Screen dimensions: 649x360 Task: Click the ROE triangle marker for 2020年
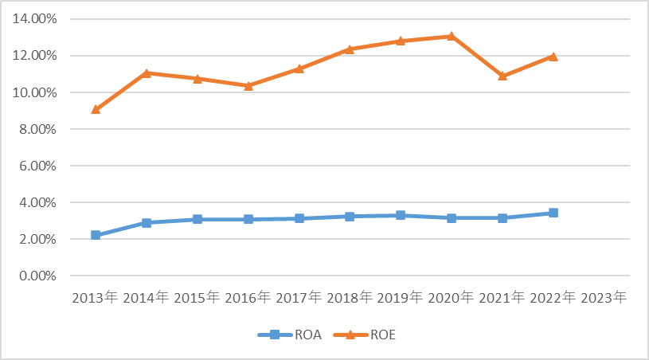(452, 36)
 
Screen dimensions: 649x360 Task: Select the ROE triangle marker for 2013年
(96, 109)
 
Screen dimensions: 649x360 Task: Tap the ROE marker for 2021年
(502, 76)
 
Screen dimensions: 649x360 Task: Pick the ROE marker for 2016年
(248, 86)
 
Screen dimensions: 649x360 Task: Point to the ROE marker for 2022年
(553, 57)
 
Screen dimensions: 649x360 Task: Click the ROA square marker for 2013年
(96, 235)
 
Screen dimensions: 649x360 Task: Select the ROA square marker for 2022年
(553, 213)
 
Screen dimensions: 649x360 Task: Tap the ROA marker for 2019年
(401, 215)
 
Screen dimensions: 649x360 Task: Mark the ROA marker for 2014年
(147, 223)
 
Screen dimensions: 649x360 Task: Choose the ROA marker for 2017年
(299, 218)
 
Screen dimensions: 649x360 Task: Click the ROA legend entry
(290, 335)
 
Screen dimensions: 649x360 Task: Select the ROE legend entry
(365, 335)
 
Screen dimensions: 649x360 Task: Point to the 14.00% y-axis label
(35, 18)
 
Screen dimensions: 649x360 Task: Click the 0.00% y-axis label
(37, 276)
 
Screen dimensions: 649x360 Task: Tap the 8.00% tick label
(37, 129)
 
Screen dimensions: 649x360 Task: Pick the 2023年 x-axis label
(604, 298)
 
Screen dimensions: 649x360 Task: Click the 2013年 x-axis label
(96, 298)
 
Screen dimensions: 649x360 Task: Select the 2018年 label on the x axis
(350, 298)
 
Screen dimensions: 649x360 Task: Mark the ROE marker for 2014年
(147, 73)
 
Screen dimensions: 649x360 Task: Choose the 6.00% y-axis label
(37, 166)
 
